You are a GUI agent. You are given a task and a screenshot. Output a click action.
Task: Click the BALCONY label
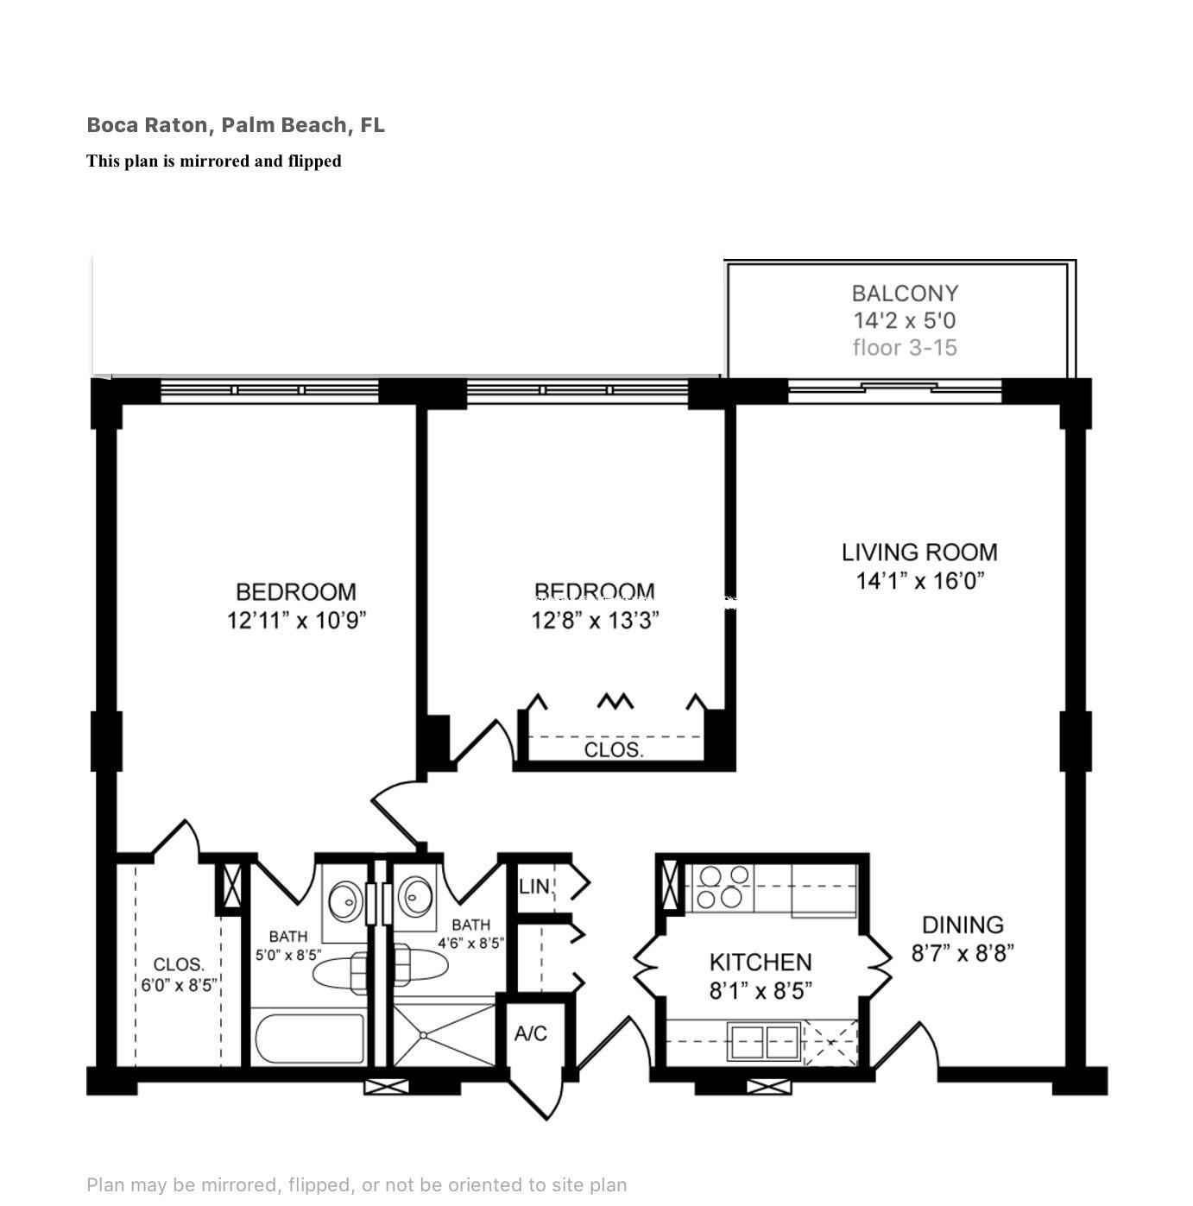pyautogui.click(x=904, y=294)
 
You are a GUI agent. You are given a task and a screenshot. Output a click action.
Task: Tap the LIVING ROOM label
pyautogui.click(x=919, y=552)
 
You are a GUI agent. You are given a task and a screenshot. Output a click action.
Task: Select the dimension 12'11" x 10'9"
pyautogui.click(x=297, y=621)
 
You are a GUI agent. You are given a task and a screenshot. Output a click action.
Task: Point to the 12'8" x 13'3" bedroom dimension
pyautogui.click(x=595, y=621)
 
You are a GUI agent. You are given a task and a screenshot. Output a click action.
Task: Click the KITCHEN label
pyautogui.click(x=760, y=962)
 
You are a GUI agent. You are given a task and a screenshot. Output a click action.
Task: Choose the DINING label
pyautogui.click(x=963, y=925)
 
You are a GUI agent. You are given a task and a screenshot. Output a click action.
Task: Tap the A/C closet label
pyautogui.click(x=531, y=1033)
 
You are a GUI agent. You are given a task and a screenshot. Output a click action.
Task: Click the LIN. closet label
pyautogui.click(x=534, y=887)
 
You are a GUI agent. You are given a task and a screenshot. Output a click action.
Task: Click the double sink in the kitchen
pyautogui.click(x=763, y=1040)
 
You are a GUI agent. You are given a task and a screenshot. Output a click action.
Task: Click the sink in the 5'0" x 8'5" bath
pyautogui.click(x=347, y=901)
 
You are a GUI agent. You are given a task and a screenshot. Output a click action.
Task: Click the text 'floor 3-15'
pyautogui.click(x=904, y=348)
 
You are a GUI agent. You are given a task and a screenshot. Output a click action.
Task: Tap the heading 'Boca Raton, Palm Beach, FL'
pyautogui.click(x=236, y=125)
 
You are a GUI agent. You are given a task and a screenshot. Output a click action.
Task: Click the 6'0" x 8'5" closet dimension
pyautogui.click(x=179, y=985)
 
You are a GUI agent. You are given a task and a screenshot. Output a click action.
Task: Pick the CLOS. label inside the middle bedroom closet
pyautogui.click(x=613, y=750)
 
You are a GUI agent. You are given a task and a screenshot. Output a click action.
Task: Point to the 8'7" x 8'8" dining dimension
pyautogui.click(x=963, y=953)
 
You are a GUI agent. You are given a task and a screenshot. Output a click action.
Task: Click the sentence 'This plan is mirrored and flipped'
pyautogui.click(x=213, y=161)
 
